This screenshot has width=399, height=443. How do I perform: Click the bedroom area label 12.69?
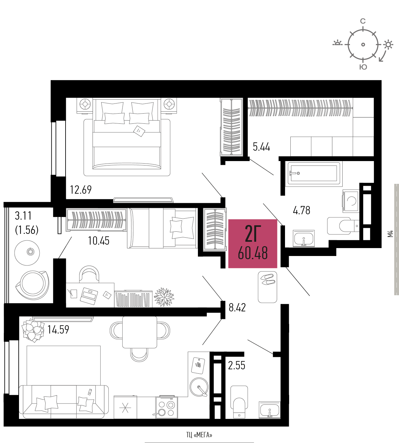click(81, 190)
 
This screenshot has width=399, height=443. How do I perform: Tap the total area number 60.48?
click(253, 253)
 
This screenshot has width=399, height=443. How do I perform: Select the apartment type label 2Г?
click(253, 233)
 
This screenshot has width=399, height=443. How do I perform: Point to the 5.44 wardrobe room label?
click(261, 147)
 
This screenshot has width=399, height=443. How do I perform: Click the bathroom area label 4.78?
click(301, 210)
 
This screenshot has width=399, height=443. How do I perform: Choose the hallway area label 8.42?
click(237, 307)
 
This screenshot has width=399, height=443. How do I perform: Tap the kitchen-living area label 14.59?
click(58, 329)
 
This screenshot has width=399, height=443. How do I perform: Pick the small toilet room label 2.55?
click(237, 365)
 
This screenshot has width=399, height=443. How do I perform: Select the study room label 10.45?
click(98, 241)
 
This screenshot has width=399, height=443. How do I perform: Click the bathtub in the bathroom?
click(314, 174)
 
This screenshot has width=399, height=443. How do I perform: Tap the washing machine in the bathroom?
click(351, 201)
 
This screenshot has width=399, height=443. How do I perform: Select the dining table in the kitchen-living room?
click(140, 332)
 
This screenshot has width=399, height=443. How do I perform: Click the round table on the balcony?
click(27, 253)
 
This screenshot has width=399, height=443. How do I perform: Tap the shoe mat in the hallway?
click(268, 287)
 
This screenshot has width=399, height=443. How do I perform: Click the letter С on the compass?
click(363, 21)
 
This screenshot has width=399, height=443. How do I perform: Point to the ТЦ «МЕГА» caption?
click(199, 435)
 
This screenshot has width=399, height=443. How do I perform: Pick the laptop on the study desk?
click(89, 296)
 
